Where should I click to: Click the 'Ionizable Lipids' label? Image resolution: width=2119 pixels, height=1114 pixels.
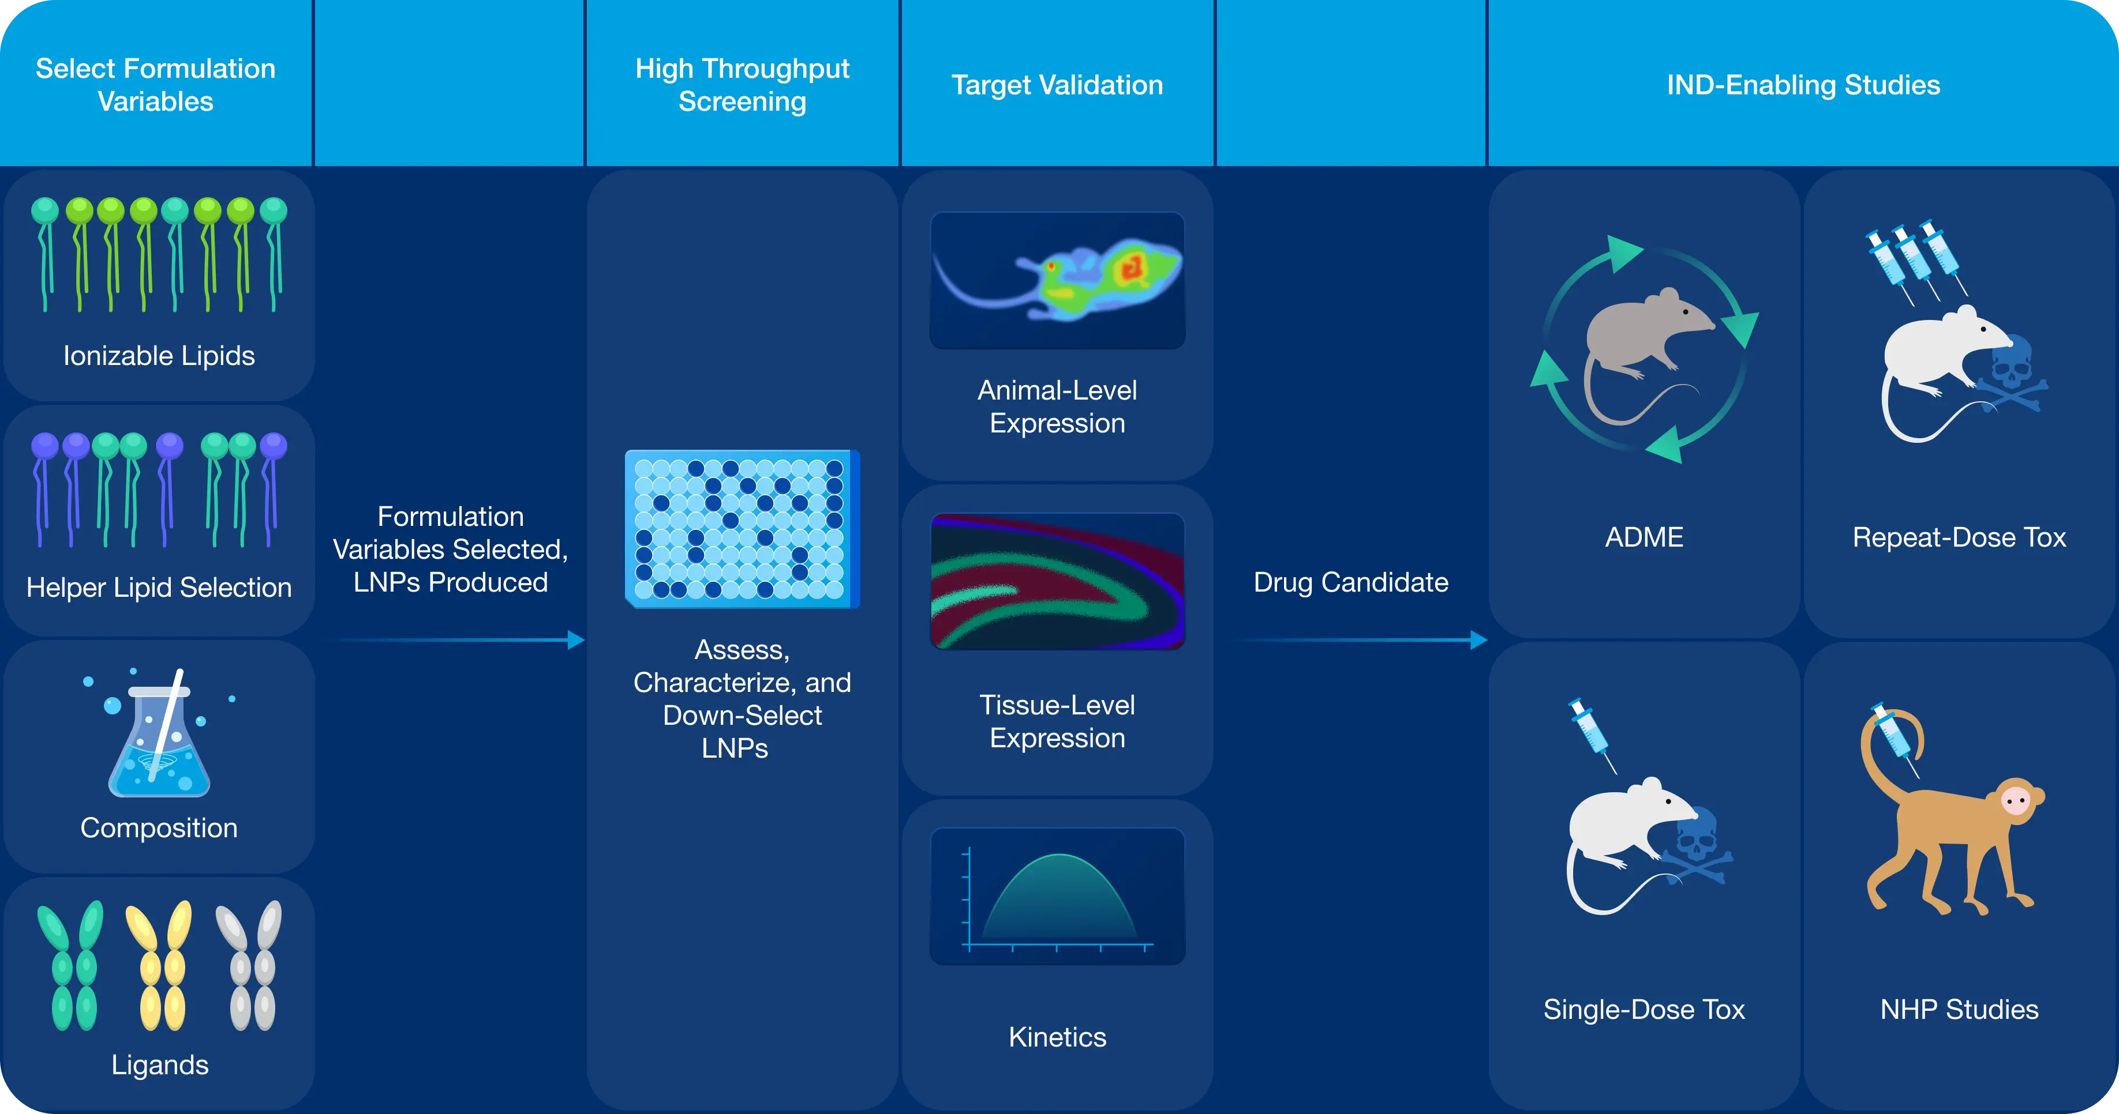point(159,356)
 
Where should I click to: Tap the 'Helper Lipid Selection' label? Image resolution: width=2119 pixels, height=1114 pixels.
point(159,588)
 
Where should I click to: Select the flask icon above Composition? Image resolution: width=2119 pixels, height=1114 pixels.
point(159,740)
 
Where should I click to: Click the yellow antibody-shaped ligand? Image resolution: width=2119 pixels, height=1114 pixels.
point(159,966)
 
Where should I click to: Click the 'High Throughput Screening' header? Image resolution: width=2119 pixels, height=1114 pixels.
point(742,85)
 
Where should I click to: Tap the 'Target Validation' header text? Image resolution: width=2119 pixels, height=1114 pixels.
point(1057,85)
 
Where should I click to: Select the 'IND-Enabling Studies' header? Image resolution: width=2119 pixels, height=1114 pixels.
point(1803,85)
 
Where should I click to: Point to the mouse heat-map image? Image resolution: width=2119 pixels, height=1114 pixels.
point(1057,280)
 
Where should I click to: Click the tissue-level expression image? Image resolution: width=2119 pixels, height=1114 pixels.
point(1057,581)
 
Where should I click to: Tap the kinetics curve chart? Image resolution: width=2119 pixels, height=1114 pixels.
point(1057,896)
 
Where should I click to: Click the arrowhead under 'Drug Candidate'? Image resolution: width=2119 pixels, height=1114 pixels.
point(1478,639)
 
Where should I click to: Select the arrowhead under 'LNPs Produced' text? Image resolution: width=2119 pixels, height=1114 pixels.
point(576,639)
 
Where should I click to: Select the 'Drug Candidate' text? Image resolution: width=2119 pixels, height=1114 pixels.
point(1351,582)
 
